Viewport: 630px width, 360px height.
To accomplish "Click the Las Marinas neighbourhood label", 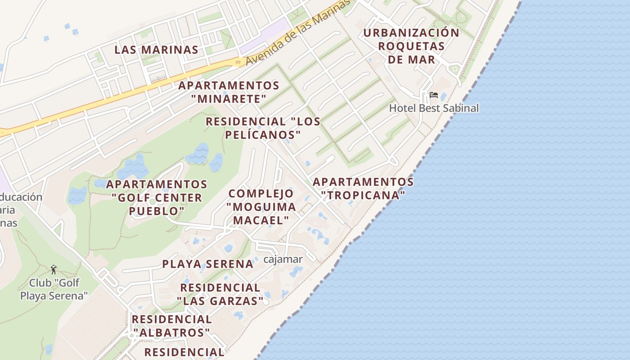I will pos(156,49).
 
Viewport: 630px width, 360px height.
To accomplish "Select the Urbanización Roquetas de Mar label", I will pos(411,46).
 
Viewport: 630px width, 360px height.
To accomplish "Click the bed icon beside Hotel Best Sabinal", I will pos(433,95).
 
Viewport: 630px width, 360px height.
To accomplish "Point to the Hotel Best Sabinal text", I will pos(434,108).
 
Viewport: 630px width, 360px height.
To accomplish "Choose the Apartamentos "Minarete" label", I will pos(229,92).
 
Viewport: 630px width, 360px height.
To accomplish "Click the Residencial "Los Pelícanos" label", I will pos(263,128).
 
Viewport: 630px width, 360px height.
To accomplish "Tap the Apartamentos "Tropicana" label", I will pos(363,189).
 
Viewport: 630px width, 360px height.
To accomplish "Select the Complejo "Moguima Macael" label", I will pos(261,207).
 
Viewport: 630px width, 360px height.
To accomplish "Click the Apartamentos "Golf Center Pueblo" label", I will pos(157,198).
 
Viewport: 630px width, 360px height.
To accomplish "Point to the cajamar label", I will pos(283,259).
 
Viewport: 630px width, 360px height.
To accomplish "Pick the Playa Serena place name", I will pos(208,264).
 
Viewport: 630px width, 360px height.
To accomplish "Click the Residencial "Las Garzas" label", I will pos(220,294).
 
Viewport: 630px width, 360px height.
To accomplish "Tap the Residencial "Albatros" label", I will pos(171,326).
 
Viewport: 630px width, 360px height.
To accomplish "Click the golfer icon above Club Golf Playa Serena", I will pos(54,270).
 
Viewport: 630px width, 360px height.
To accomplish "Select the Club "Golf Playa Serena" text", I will pos(54,289).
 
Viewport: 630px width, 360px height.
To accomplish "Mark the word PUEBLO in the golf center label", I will pos(157,211).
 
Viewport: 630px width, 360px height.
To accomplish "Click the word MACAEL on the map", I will pos(261,220).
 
